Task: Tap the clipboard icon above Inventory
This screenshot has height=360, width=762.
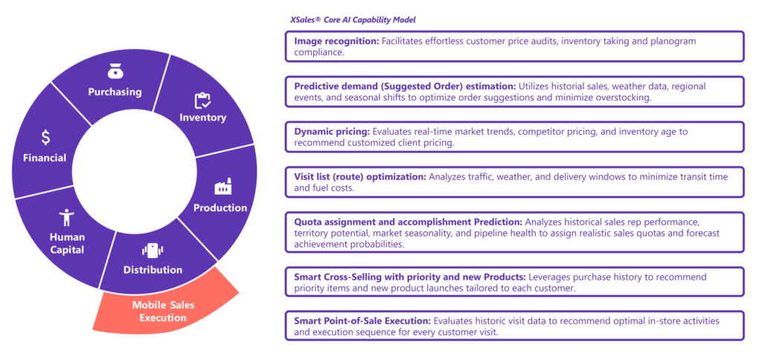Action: [x=202, y=100]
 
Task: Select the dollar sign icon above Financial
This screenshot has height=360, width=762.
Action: [x=45, y=138]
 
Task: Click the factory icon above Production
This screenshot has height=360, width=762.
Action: [x=223, y=187]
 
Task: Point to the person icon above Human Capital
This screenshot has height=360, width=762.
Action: [x=66, y=218]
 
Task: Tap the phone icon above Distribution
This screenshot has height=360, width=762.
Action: [x=153, y=251]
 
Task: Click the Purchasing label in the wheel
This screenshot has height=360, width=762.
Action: [x=115, y=91]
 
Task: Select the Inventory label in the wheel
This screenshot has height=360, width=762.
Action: [x=202, y=118]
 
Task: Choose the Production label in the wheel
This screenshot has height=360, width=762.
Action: [x=220, y=208]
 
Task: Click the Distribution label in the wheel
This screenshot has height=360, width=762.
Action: [x=153, y=270]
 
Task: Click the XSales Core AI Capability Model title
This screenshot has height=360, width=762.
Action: [x=352, y=20]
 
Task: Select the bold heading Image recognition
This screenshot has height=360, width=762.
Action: [x=336, y=42]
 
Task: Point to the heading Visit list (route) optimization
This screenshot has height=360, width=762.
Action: [x=360, y=177]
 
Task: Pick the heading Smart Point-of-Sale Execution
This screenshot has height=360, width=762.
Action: [x=362, y=321]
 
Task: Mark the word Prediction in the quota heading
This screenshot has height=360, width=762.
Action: [x=499, y=222]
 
